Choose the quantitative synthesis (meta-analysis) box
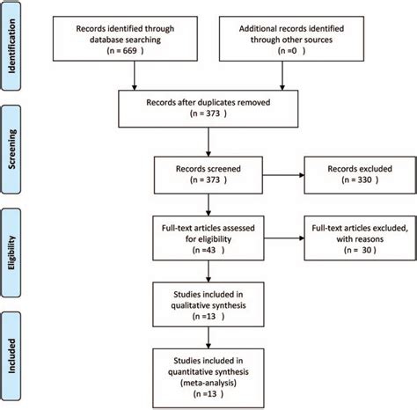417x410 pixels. [x=208, y=370]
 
